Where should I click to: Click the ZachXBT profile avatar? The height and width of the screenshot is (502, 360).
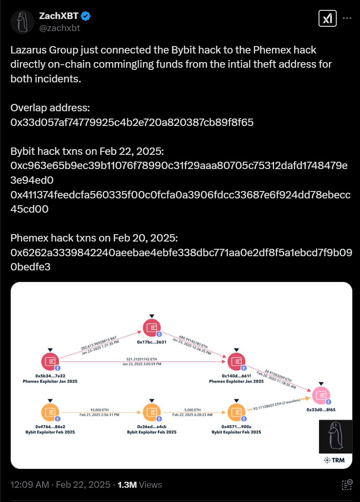pyautogui.click(x=22, y=22)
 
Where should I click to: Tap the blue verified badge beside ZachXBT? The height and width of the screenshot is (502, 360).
pyautogui.click(x=86, y=17)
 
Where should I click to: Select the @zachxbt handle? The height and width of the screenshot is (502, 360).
pyautogui.click(x=60, y=28)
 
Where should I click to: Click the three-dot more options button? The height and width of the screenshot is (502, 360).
pyautogui.click(x=347, y=19)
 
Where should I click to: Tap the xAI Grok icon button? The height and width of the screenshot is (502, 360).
pyautogui.click(x=327, y=19)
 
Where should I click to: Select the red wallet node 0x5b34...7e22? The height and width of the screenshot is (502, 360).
pyautogui.click(x=51, y=362)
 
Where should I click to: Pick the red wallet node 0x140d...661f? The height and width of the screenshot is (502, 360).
pyautogui.click(x=236, y=362)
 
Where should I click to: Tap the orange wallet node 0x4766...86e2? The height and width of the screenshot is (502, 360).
pyautogui.click(x=51, y=413)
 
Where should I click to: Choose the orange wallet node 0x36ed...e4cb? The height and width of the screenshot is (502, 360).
pyautogui.click(x=152, y=413)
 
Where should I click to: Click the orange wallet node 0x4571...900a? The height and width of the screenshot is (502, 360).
pyautogui.click(x=236, y=413)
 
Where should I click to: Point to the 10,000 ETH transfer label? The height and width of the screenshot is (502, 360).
pyautogui.click(x=99, y=410)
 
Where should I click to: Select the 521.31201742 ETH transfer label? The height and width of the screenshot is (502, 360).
pyautogui.click(x=144, y=359)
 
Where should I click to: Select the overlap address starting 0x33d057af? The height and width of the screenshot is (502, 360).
pyautogui.click(x=132, y=122)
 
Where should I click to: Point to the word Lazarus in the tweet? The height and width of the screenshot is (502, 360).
pyautogui.click(x=29, y=50)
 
